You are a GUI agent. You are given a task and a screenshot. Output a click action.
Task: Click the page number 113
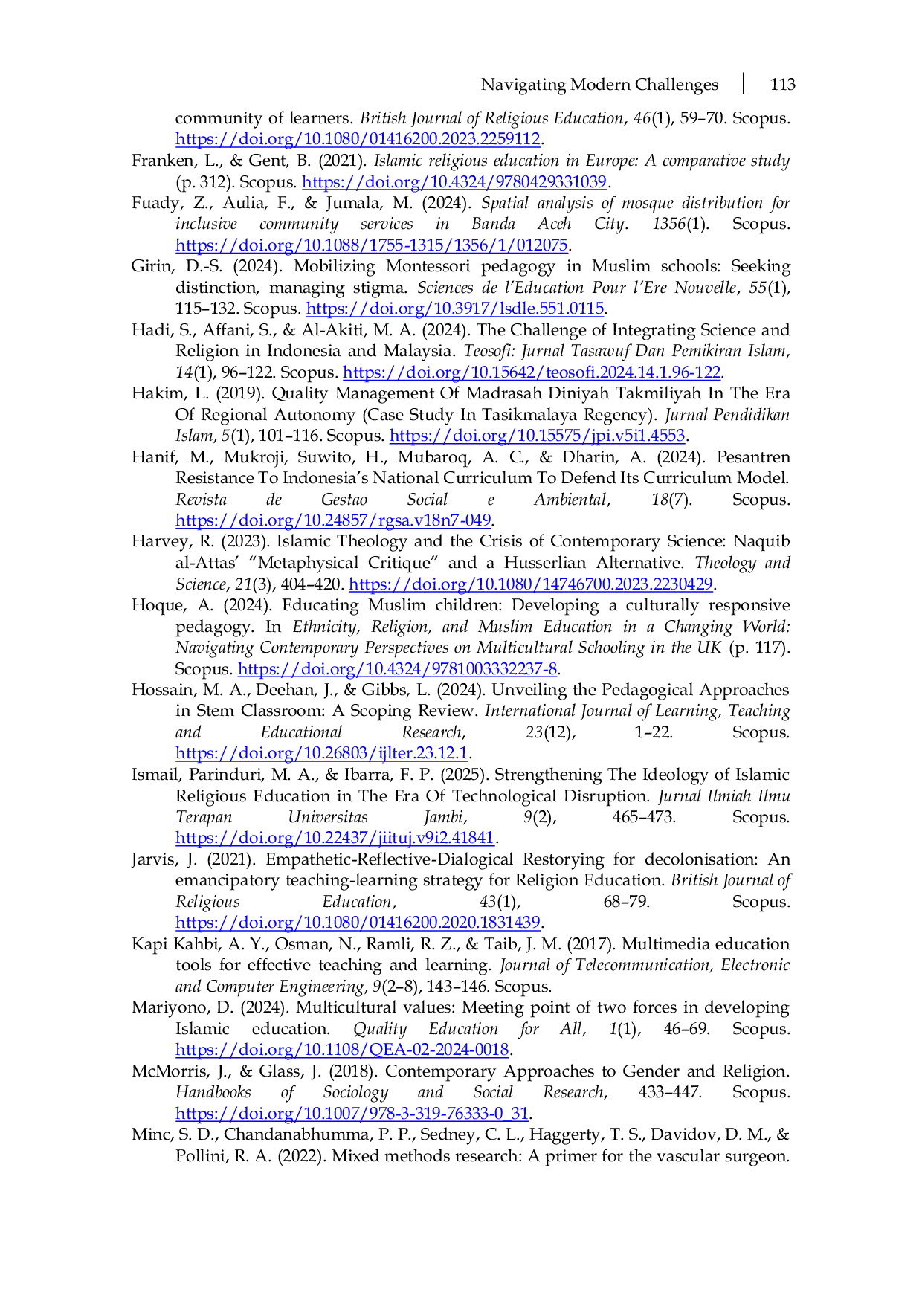(782, 85)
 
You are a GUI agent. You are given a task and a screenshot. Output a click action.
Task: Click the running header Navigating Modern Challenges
(599, 85)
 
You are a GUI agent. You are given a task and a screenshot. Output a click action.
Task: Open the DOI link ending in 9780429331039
(454, 182)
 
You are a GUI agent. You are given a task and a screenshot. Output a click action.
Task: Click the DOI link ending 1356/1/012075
(372, 245)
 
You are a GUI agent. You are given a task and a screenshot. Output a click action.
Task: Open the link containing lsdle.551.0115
(455, 309)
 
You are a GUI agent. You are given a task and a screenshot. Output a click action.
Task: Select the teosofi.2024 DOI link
(532, 372)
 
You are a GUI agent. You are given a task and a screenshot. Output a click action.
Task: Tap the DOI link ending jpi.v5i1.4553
(537, 436)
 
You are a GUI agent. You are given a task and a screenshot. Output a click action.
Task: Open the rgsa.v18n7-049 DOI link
(334, 520)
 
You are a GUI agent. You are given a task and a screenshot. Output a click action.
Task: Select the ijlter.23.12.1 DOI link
(321, 753)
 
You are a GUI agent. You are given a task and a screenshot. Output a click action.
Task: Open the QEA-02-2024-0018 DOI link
(343, 1050)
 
